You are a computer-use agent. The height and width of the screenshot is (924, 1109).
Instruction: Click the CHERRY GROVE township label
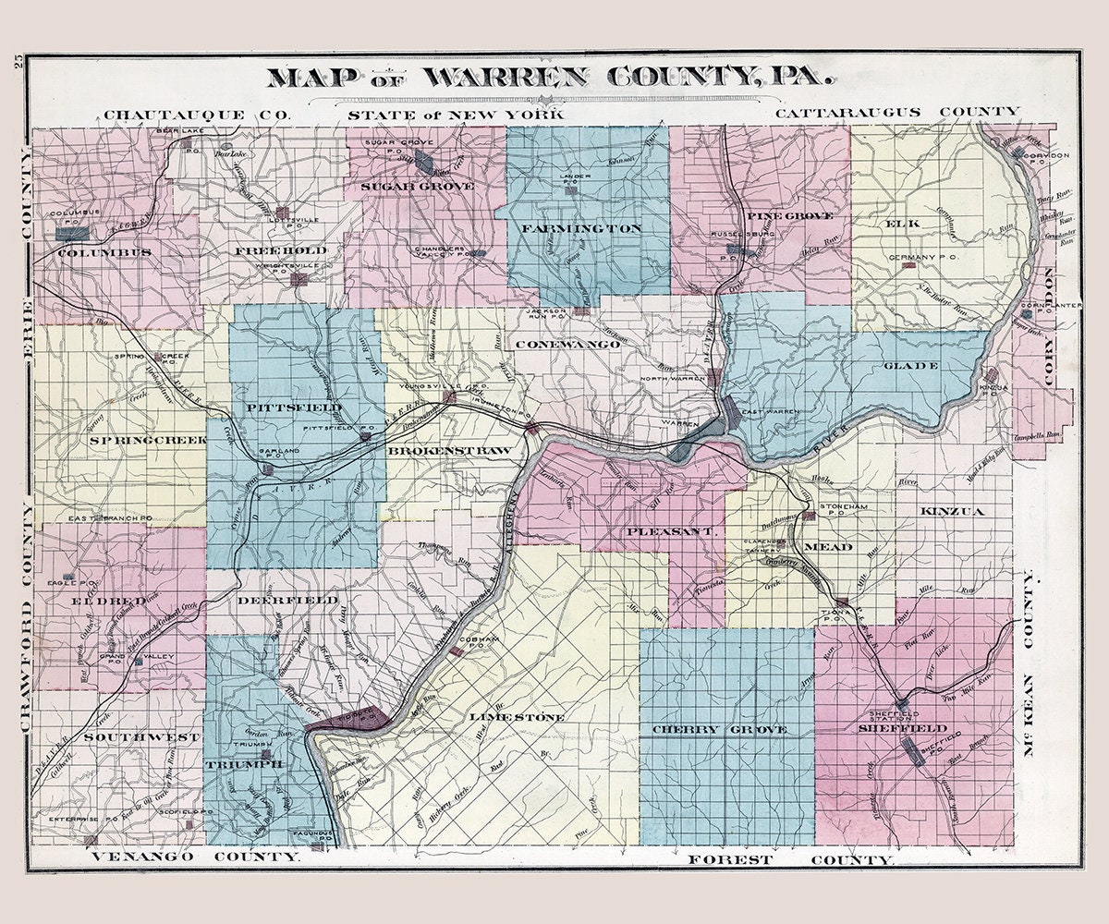point(731,730)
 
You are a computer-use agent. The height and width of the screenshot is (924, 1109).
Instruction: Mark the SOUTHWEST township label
point(141,737)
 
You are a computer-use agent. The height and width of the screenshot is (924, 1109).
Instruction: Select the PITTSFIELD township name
point(295,407)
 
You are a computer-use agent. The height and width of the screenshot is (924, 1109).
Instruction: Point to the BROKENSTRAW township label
point(449,450)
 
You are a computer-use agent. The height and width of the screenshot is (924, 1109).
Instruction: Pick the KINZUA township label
point(952,510)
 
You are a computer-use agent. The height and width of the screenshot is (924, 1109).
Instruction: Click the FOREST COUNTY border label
point(790,859)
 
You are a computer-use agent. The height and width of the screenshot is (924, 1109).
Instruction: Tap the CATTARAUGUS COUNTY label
point(897,112)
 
